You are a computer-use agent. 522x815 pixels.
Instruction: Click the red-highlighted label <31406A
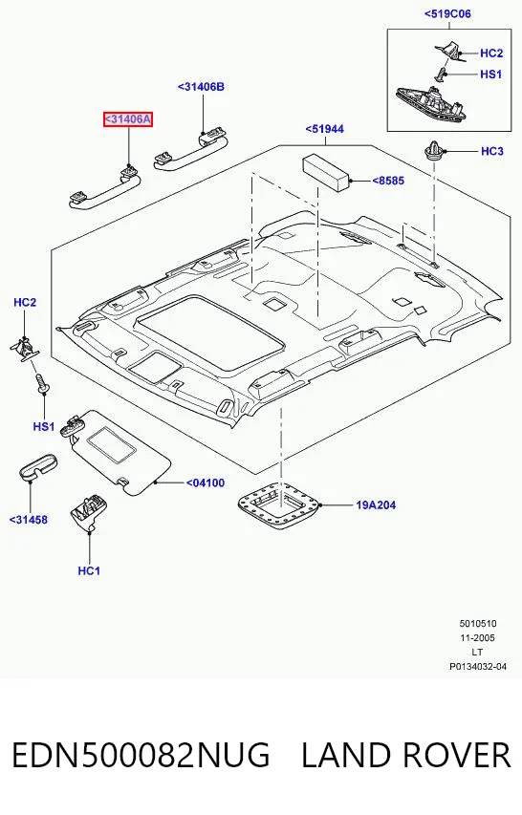pyautogui.click(x=128, y=119)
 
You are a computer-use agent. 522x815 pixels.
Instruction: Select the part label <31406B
pyautogui.click(x=201, y=87)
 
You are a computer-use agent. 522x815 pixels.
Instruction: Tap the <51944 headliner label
pyautogui.click(x=324, y=129)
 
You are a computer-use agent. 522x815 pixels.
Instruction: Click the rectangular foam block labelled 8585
pyautogui.click(x=326, y=173)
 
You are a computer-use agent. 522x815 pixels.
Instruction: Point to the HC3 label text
pyautogui.click(x=491, y=151)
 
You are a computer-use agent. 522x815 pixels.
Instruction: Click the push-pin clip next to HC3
pyautogui.click(x=433, y=151)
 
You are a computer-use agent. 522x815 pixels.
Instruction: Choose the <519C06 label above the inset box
pyautogui.click(x=447, y=14)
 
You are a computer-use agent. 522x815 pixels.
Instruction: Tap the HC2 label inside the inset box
pyautogui.click(x=491, y=53)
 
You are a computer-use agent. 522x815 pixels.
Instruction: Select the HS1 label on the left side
pyautogui.click(x=44, y=426)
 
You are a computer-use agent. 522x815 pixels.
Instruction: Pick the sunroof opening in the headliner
pyautogui.click(x=209, y=332)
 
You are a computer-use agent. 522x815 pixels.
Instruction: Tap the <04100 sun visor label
pyautogui.click(x=206, y=483)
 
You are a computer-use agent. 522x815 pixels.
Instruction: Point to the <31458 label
pyautogui.click(x=28, y=519)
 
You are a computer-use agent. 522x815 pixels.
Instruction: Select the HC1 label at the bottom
pyautogui.click(x=89, y=570)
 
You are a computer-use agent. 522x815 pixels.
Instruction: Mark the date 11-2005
pyautogui.click(x=477, y=637)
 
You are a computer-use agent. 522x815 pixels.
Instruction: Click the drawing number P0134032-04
pyautogui.click(x=478, y=666)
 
